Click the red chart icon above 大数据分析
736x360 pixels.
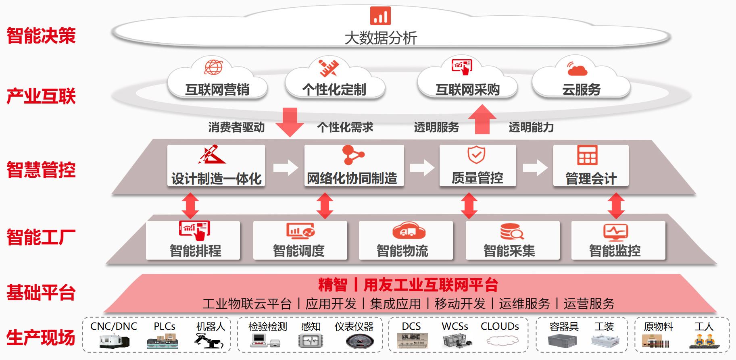380,16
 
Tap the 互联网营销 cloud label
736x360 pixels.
217,89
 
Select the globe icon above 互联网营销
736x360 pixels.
213,67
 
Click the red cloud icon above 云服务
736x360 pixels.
577,69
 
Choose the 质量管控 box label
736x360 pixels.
477,178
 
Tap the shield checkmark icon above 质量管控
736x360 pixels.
476,154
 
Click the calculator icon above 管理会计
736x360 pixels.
587,155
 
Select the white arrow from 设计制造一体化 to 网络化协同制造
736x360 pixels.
285,168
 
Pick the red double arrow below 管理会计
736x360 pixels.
616,206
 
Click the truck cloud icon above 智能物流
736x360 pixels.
409,231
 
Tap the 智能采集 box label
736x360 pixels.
509,251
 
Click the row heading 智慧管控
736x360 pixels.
41,170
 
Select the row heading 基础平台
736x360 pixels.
41,292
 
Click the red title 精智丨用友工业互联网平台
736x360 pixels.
408,285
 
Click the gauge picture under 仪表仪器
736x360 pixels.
360,342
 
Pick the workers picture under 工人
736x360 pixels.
704,341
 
